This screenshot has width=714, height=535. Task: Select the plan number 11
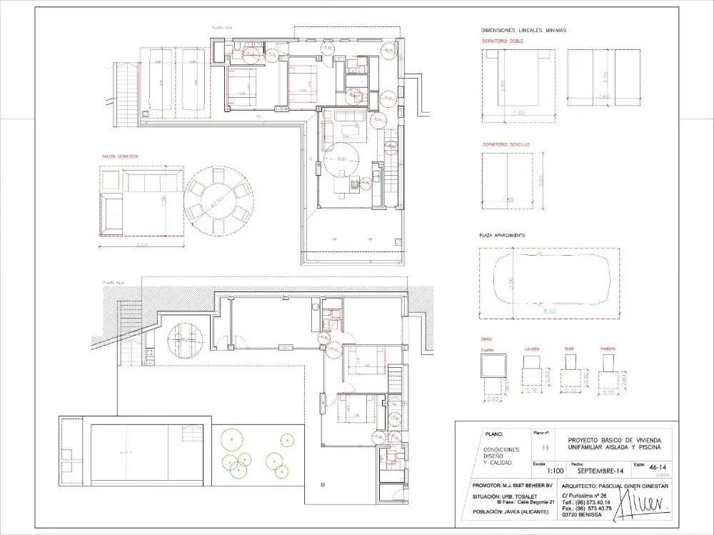[x=546, y=448]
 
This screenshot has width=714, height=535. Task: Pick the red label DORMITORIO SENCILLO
[x=506, y=144]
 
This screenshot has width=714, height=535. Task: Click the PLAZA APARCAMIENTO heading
[x=503, y=235]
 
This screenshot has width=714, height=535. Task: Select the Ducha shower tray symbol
[x=492, y=366]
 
